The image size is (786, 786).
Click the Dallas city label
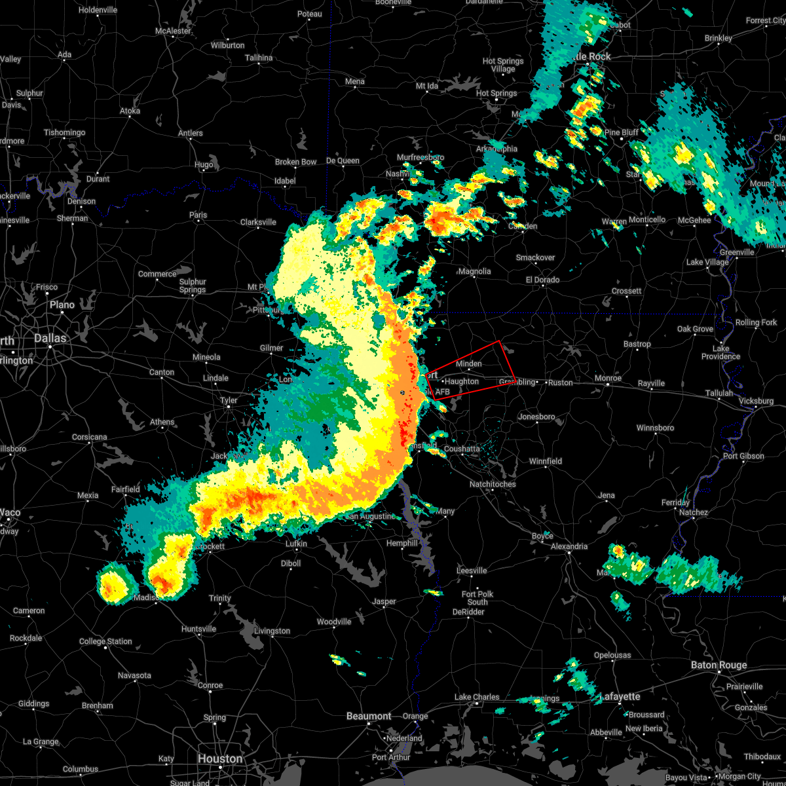(50, 338)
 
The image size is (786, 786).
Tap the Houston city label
(220, 758)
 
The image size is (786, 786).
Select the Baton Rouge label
(719, 665)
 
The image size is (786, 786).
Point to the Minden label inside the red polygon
(468, 364)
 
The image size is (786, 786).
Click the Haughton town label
(462, 381)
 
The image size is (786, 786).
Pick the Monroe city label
(608, 379)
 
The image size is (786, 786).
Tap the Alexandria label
(569, 546)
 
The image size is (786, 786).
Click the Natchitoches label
(493, 484)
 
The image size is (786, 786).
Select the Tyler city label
(228, 400)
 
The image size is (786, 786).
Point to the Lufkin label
(297, 544)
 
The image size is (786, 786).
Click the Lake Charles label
(477, 697)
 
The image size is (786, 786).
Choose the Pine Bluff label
(621, 132)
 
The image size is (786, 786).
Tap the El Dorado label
(542, 280)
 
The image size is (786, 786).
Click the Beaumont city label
(369, 716)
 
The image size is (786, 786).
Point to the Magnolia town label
(474, 271)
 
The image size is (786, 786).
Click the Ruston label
(560, 383)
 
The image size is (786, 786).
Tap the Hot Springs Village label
(503, 65)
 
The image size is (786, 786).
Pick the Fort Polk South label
(477, 598)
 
